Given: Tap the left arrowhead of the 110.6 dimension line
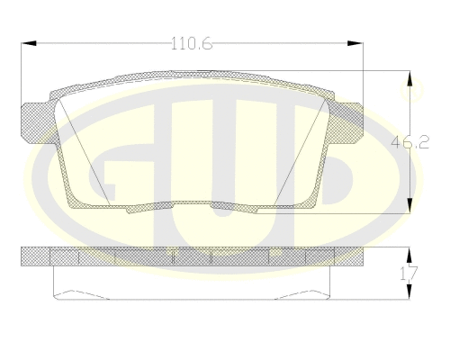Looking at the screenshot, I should tap(25, 42).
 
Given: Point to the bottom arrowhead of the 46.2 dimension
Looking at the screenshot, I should tap(412, 202).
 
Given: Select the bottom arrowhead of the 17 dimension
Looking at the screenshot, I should tap(411, 295).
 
